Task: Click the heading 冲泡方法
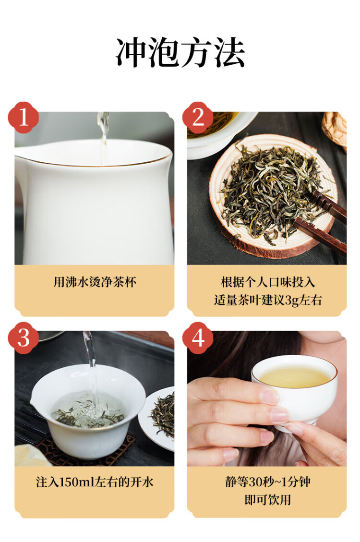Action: point(180,53)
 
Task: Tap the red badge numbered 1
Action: point(23,118)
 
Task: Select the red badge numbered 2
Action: point(198,118)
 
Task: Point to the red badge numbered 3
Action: point(23,337)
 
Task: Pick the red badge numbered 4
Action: point(198,337)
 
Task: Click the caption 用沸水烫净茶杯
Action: point(95,282)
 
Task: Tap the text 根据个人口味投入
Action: point(268,282)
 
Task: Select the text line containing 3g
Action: point(268,300)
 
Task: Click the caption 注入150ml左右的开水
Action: point(95,482)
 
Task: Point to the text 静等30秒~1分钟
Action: point(268,482)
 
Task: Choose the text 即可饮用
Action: point(268,500)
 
